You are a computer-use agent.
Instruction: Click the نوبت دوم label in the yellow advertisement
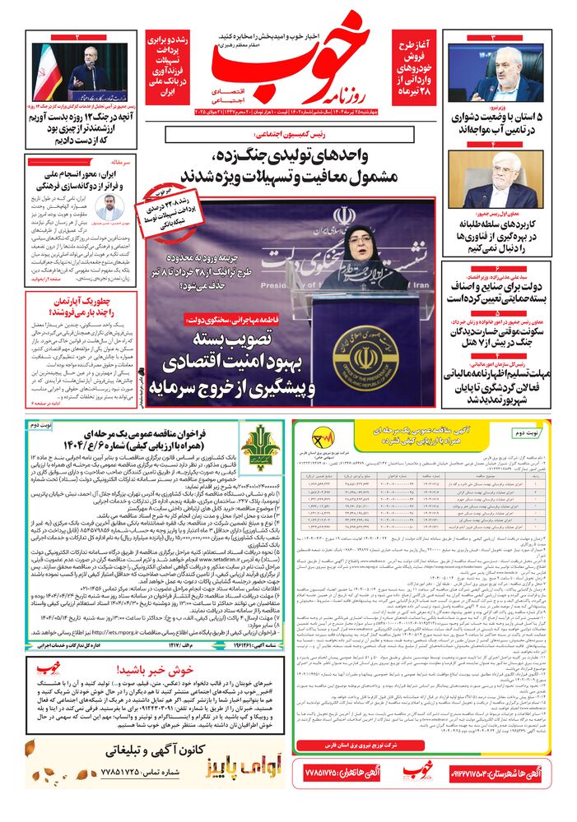pyautogui.click(x=530, y=432)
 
